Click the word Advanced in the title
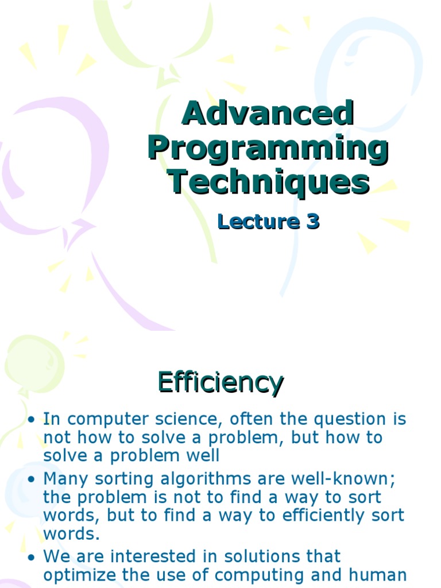point(268,114)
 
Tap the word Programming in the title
point(268,148)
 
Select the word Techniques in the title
point(268,182)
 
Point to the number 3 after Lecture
point(312,222)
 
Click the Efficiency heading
point(220,383)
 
